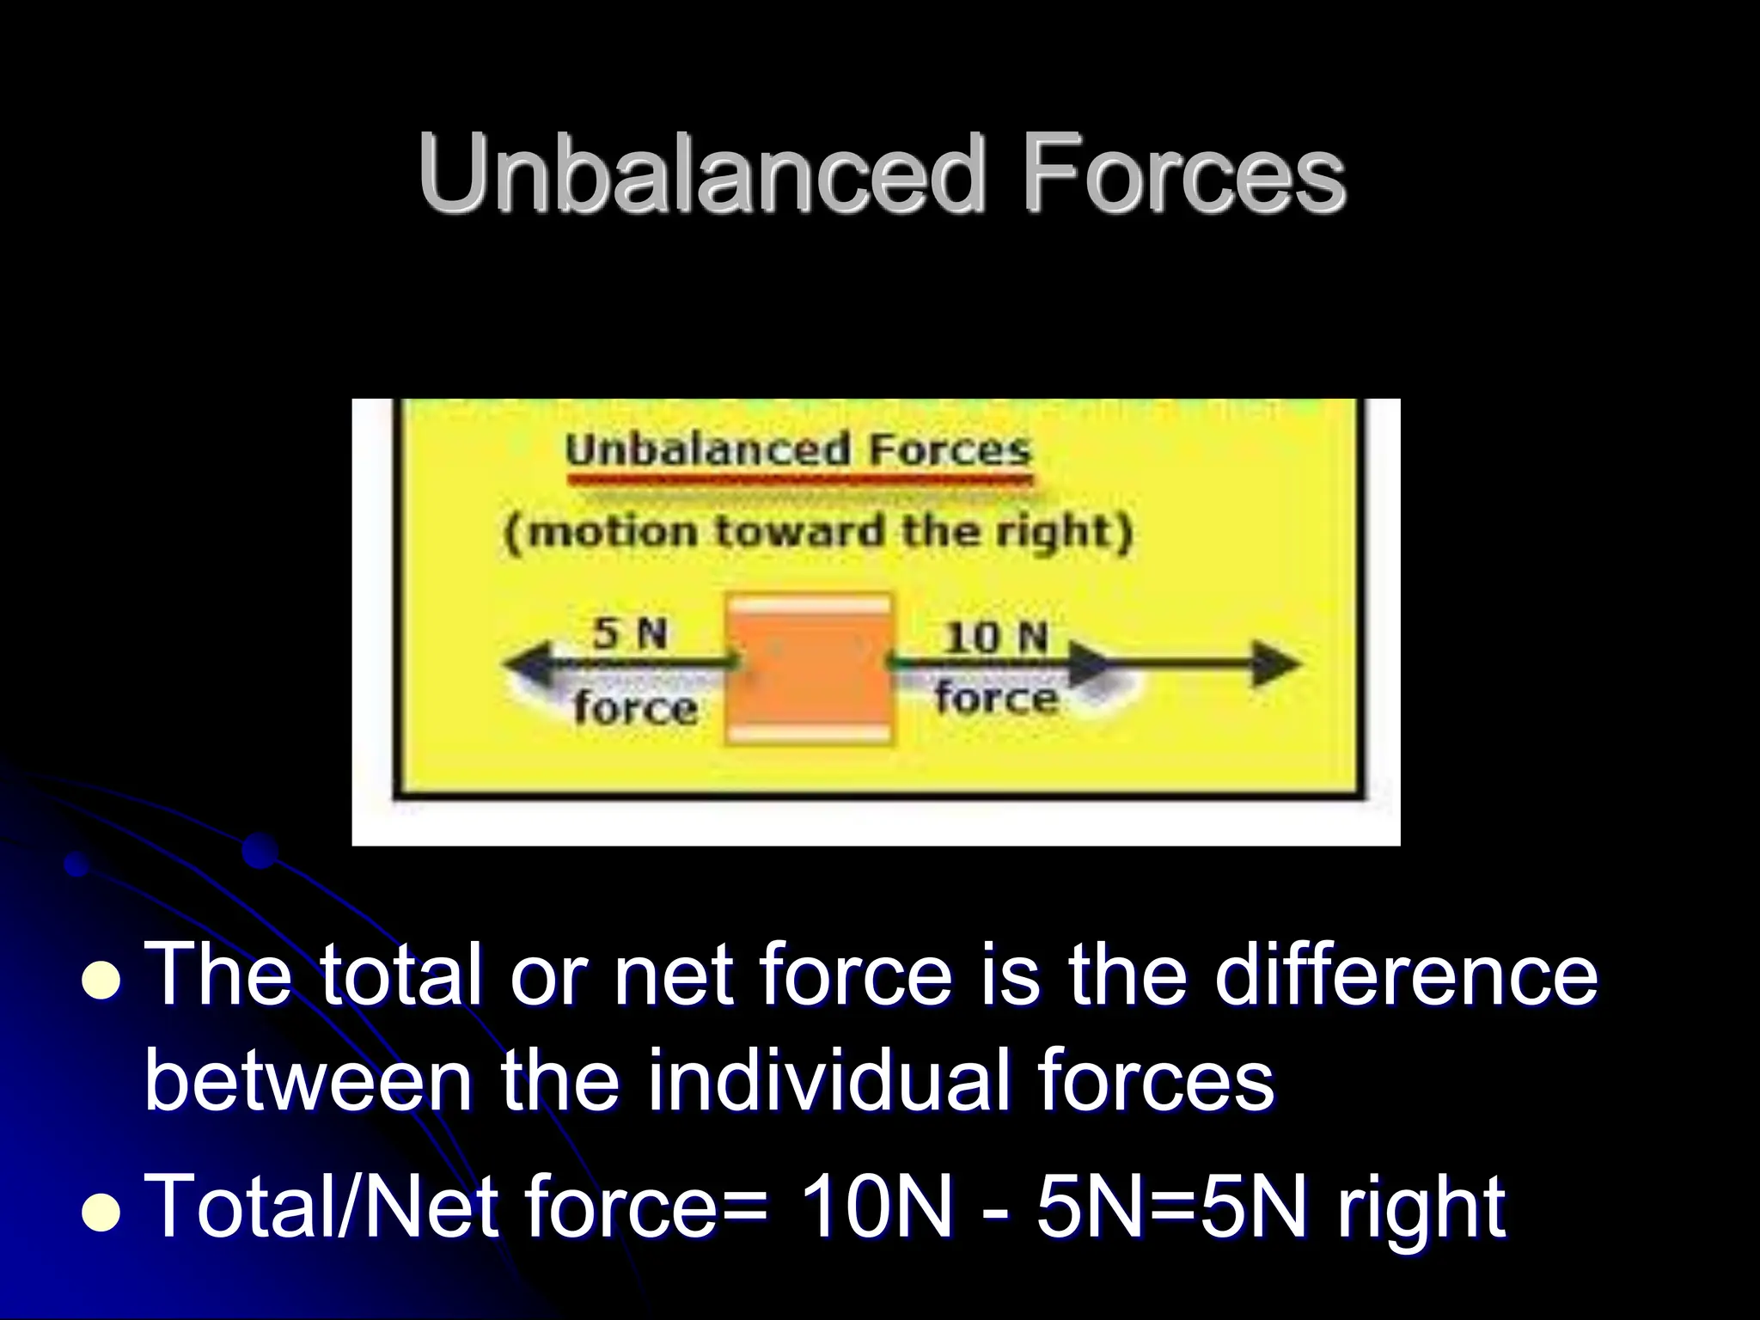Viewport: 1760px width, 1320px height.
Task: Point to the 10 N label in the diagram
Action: point(997,637)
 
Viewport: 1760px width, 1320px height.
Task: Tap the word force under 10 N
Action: point(997,697)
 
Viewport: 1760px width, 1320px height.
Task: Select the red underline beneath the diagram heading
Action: point(798,480)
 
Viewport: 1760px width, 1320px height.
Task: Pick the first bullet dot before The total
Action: point(101,982)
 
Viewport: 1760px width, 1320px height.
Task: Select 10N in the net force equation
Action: point(876,1207)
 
